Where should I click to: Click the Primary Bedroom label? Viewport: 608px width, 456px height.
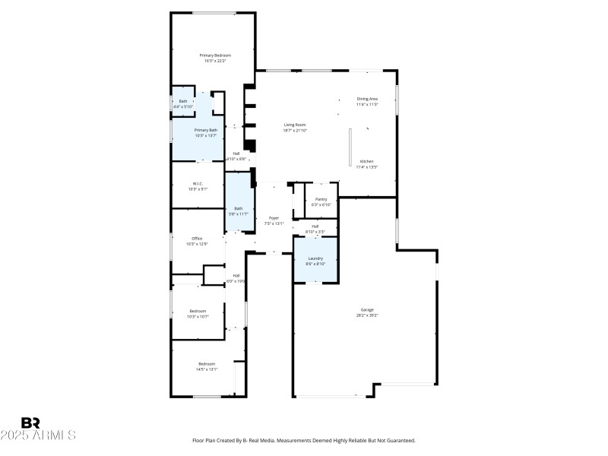[x=215, y=55]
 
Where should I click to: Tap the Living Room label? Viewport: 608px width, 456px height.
[x=296, y=125]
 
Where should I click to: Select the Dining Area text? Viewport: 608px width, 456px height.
[x=367, y=99]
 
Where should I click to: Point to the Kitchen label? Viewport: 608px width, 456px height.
[x=367, y=162]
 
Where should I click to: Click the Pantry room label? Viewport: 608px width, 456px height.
[x=321, y=199]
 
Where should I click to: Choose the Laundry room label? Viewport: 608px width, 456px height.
[x=315, y=258]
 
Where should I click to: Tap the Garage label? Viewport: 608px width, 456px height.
[x=367, y=309]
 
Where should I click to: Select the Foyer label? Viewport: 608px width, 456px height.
[x=274, y=218]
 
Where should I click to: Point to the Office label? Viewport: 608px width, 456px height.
[x=197, y=239]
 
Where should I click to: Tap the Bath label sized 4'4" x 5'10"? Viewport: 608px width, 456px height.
[x=182, y=101]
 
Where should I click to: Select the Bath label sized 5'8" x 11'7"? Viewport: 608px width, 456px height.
[x=239, y=209]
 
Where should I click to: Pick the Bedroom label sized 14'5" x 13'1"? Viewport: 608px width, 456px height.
[x=207, y=364]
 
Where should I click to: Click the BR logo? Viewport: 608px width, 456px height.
[x=30, y=423]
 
